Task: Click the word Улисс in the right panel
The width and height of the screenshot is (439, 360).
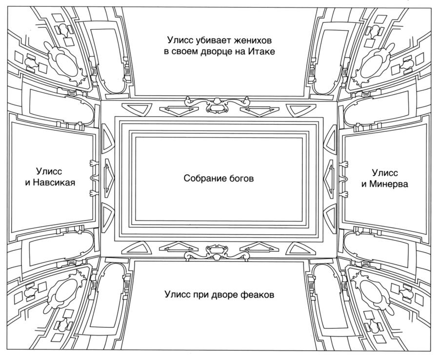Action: tap(385, 173)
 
